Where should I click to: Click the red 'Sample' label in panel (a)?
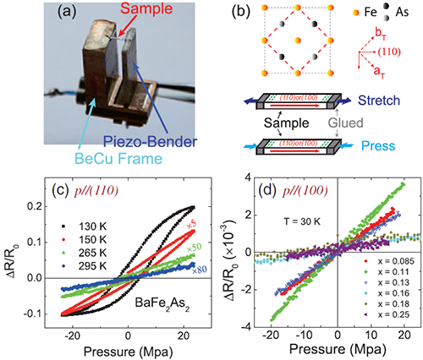coord(146,8)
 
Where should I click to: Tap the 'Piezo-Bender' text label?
coord(150,141)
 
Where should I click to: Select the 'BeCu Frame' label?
coord(118,158)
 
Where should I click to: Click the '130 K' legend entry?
coord(85,226)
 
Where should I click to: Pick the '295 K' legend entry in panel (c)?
coord(85,265)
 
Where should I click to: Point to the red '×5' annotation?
coord(192,226)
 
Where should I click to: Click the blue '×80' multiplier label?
coord(199,270)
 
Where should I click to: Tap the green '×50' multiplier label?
coord(194,247)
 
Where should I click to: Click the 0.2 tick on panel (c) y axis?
coord(35,207)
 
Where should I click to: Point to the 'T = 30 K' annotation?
coord(302,221)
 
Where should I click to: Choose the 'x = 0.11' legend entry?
coord(389,272)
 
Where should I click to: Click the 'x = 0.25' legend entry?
coord(389,314)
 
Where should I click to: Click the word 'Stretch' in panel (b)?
coord(379,101)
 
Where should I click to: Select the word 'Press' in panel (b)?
coord(378,146)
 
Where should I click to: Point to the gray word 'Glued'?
coord(346,123)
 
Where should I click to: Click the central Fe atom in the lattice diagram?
coord(298,41)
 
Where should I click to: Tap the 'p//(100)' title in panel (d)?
coord(305,191)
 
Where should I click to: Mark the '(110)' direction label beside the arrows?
coord(389,52)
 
